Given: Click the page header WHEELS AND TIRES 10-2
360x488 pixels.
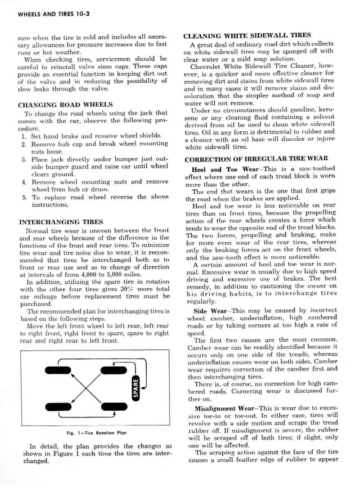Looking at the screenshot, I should pos(54,14).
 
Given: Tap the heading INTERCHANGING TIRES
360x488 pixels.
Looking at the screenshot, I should pos(61,222).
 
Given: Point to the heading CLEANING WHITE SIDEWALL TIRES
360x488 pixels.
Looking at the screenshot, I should pos(247,35).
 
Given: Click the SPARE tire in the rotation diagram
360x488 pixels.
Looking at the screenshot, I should pos(135,387).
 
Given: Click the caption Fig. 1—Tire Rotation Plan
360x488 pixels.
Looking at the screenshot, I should pos(96,433).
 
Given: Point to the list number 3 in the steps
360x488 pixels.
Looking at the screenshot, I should pos(24,160).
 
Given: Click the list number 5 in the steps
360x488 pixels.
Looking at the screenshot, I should pos(24,197).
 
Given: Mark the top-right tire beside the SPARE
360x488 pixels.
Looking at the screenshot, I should pos(113,370).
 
